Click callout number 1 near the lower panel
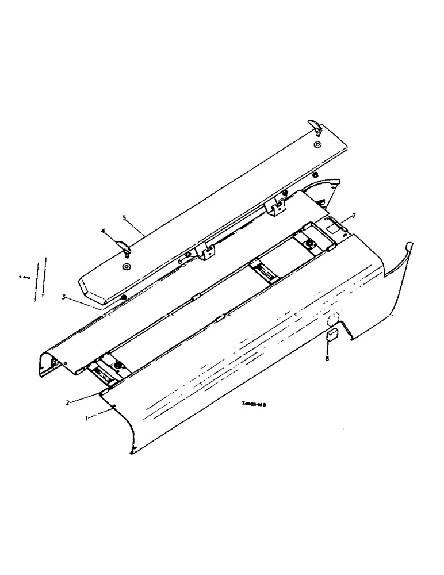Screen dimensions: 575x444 pyautogui.click(x=86, y=419)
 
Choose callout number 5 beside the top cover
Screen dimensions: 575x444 pyautogui.click(x=124, y=218)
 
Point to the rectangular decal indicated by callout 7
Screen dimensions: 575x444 pyautogui.click(x=333, y=228)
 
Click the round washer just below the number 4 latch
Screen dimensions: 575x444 pyautogui.click(x=126, y=267)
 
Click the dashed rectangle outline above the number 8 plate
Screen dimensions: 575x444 pyautogui.click(x=333, y=317)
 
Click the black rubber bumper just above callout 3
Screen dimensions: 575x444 pyautogui.click(x=124, y=297)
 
